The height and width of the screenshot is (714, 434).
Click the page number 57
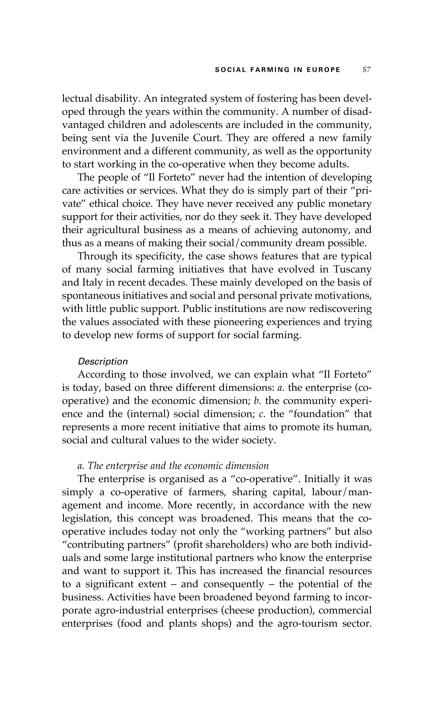(x=366, y=70)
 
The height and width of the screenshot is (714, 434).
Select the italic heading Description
(x=103, y=361)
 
